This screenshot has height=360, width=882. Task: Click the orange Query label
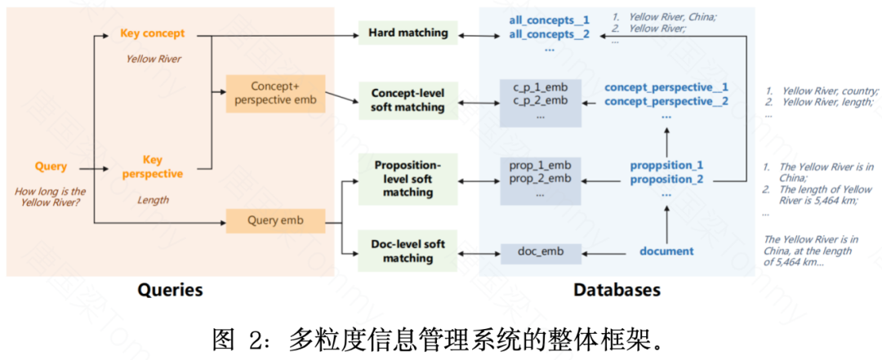(x=51, y=167)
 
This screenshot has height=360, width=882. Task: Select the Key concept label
(x=152, y=33)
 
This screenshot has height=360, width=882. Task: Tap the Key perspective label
(x=152, y=167)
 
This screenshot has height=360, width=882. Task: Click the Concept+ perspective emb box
(x=275, y=93)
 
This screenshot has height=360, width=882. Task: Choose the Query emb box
(x=275, y=220)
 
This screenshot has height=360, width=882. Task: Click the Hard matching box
(x=408, y=33)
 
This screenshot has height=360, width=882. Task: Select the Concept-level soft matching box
(x=408, y=100)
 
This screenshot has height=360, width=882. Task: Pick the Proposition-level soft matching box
(x=408, y=178)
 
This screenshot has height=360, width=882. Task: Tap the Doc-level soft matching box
(x=408, y=251)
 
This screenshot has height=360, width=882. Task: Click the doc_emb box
(x=540, y=251)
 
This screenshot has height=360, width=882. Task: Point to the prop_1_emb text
(x=540, y=165)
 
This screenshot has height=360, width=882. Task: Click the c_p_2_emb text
(x=540, y=100)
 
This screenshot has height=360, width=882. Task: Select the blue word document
(x=666, y=251)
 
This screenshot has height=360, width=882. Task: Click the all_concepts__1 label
(x=549, y=20)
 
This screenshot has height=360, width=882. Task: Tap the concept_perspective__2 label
(x=666, y=101)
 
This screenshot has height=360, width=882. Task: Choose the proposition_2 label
(x=666, y=180)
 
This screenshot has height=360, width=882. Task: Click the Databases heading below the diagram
(x=617, y=290)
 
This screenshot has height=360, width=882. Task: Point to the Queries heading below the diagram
(x=170, y=290)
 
